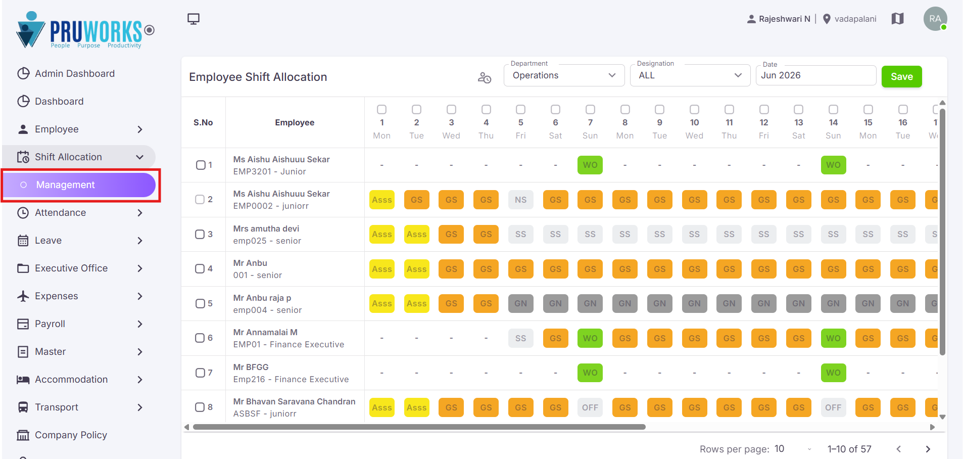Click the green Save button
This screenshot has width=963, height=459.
901,76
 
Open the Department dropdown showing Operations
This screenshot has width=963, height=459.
564,75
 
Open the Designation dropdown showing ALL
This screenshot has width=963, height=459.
690,75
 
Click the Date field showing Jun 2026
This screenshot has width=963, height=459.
815,75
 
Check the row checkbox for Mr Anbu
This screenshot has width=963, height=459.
200,269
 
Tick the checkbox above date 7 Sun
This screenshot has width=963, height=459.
590,110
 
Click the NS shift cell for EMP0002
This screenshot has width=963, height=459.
520,200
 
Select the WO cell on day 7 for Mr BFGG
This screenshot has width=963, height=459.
590,373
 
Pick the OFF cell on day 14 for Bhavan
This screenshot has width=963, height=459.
833,407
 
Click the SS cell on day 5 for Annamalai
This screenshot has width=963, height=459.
520,338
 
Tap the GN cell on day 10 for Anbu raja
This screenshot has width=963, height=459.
694,303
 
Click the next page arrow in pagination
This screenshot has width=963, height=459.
928,449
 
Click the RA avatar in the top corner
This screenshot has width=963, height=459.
935,19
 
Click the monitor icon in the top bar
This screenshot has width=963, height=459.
194,19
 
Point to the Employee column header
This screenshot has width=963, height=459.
295,122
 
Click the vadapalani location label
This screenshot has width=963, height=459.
855,19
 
